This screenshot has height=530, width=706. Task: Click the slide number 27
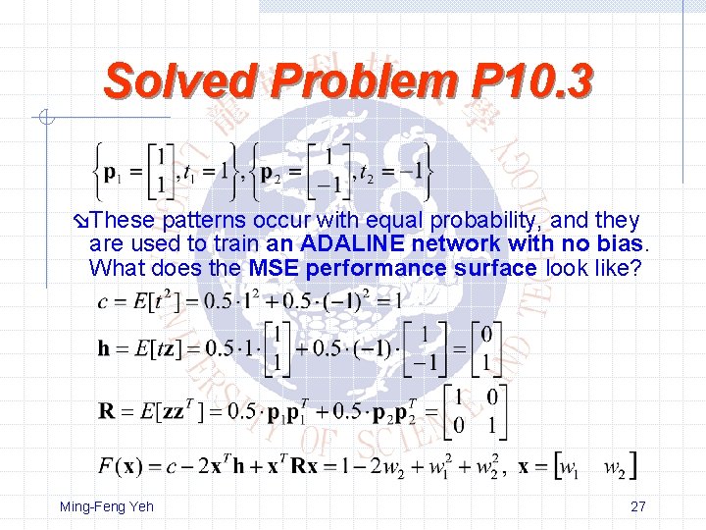coord(638,506)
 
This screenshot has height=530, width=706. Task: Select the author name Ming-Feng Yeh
coord(107,506)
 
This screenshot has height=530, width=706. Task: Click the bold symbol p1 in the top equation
coord(114,173)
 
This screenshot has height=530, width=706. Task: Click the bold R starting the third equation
coord(106,410)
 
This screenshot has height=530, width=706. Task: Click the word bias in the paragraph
coord(620,243)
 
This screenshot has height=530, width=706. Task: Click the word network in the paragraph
coord(450,243)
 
